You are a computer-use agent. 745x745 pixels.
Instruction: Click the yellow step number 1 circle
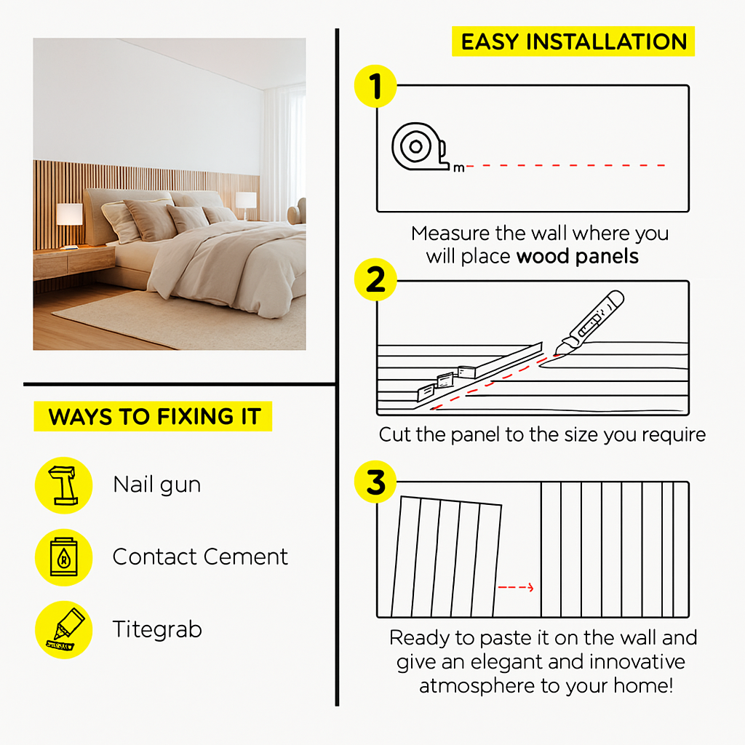click(x=375, y=86)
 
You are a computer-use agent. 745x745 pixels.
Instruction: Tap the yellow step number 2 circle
click(x=375, y=279)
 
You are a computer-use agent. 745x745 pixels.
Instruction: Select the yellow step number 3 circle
click(x=375, y=482)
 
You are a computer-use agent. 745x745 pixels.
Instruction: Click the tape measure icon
click(x=420, y=147)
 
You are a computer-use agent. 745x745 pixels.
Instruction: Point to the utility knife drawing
click(x=589, y=322)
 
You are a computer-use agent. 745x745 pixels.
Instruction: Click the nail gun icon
click(x=64, y=485)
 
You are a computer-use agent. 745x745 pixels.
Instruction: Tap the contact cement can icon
click(x=64, y=557)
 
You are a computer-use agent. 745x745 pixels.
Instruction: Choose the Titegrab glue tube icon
click(x=64, y=629)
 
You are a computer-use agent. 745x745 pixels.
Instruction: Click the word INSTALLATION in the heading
click(x=607, y=41)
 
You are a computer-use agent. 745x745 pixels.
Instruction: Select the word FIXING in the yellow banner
click(x=195, y=417)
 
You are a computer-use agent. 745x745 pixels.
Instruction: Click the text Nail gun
click(x=157, y=485)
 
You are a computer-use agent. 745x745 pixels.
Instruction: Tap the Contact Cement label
click(x=200, y=557)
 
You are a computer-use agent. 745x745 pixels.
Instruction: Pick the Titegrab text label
click(x=157, y=629)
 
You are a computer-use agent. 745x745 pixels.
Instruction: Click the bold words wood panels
click(x=577, y=257)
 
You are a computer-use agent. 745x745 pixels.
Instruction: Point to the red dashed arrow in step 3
click(x=516, y=588)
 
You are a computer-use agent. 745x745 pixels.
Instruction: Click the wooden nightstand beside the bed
click(x=73, y=261)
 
